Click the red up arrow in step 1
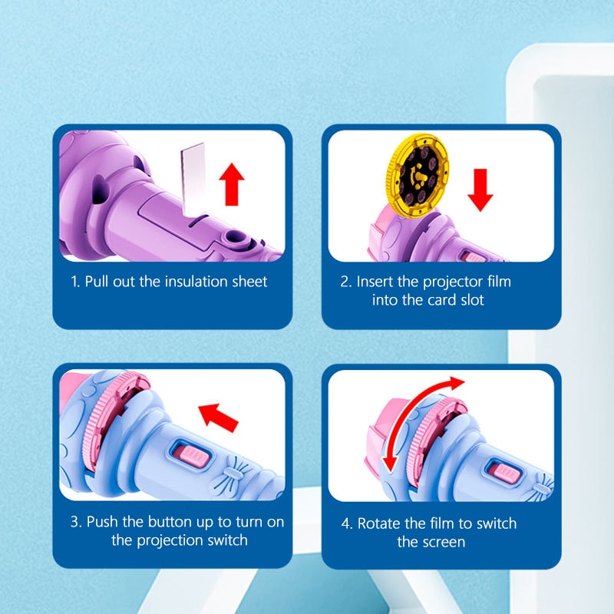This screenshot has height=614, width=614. pyautogui.click(x=232, y=184)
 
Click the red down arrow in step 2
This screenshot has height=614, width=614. pyautogui.click(x=480, y=190)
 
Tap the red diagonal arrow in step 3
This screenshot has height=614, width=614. pyautogui.click(x=218, y=418)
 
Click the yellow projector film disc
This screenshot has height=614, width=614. pyautogui.click(x=417, y=175)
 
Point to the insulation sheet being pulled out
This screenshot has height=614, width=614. pyautogui.click(x=193, y=179)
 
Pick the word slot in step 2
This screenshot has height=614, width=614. pyautogui.click(x=472, y=300)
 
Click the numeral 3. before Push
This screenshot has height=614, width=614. pyautogui.click(x=76, y=522)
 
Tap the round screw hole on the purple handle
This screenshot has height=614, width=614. pyautogui.click(x=234, y=236)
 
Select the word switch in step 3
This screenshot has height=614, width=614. pyautogui.click(x=227, y=540)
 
